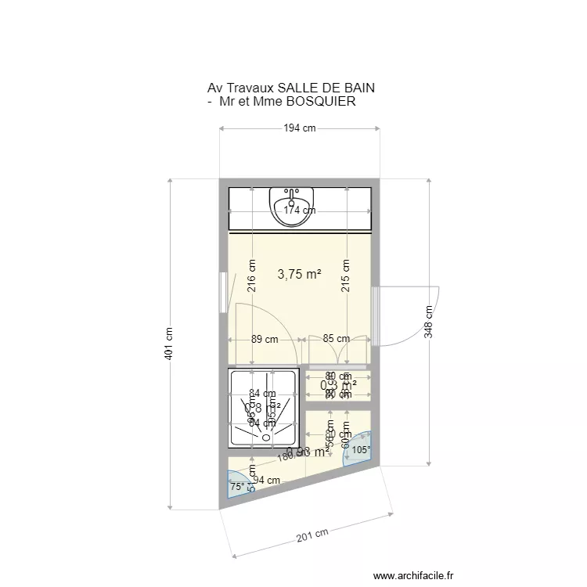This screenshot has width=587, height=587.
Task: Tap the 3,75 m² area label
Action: click(x=300, y=275)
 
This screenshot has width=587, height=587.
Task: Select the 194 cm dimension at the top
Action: click(x=299, y=128)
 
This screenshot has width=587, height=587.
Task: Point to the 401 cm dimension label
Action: click(x=169, y=344)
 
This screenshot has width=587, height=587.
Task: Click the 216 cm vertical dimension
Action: click(x=252, y=276)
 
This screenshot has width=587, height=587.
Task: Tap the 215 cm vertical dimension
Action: click(x=345, y=276)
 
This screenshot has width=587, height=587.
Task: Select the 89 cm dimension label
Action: click(x=265, y=340)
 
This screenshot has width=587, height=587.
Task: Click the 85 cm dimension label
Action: click(x=337, y=340)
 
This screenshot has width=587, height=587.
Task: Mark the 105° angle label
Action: click(x=360, y=450)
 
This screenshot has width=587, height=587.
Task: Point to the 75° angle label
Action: click(x=236, y=487)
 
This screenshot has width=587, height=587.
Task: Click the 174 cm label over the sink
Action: click(x=299, y=210)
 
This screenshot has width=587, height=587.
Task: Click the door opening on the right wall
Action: click(x=375, y=316)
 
